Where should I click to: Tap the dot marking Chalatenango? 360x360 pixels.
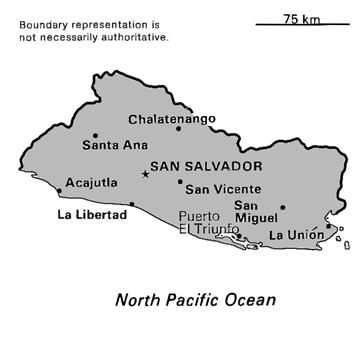point(179,128)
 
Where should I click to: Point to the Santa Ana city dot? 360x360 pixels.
point(96,135)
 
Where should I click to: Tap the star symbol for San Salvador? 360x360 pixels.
point(145,174)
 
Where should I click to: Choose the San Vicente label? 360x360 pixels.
point(224,189)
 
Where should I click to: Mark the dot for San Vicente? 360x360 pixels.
point(180,182)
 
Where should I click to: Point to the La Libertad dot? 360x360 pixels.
point(132,204)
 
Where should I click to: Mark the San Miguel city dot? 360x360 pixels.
point(283,208)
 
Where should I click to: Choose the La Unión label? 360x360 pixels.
point(297,235)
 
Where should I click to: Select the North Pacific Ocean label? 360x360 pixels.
point(195,299)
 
